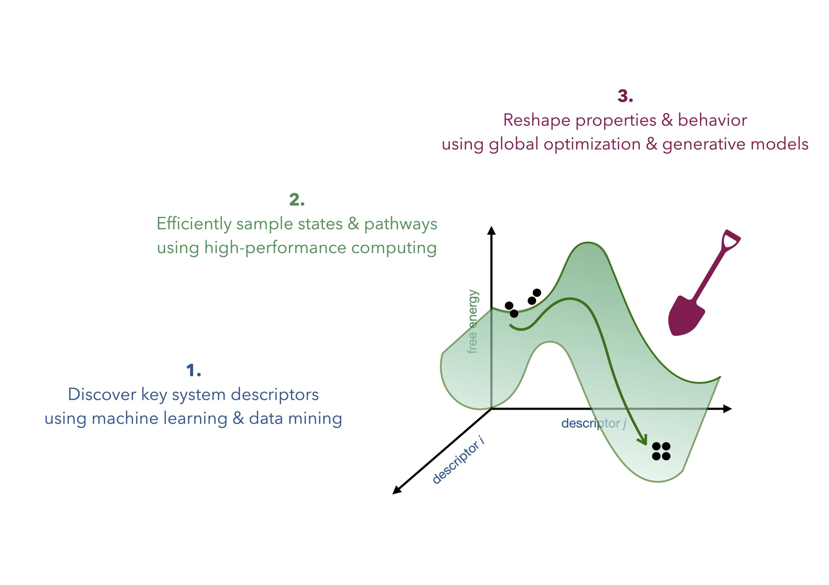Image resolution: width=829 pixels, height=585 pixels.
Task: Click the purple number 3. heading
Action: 625,96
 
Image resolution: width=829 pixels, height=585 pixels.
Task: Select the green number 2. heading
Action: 297,200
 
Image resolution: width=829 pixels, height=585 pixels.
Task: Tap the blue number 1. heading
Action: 194,370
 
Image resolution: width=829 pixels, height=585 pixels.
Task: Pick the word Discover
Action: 102,394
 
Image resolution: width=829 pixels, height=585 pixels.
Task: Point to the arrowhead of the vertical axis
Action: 491,230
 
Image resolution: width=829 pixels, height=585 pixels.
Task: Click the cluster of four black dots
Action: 661,451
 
